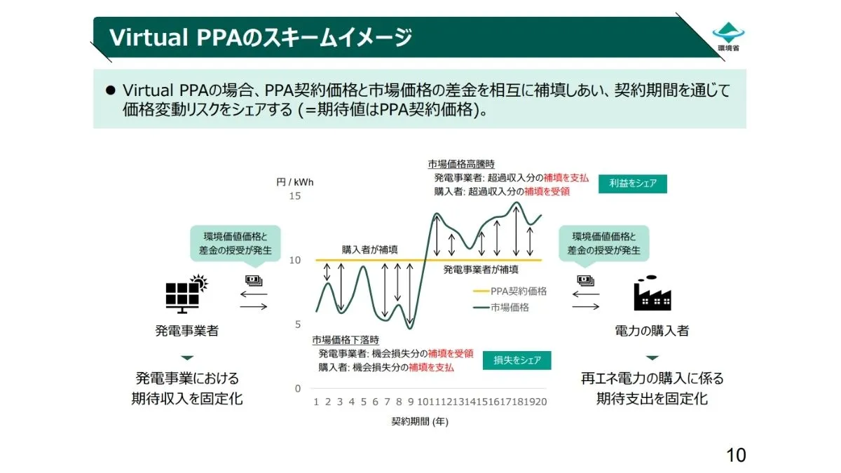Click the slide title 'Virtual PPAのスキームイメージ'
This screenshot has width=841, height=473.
259,37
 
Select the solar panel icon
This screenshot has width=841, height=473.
186,292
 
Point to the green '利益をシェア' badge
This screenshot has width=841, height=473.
632,184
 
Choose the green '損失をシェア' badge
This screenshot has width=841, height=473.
517,360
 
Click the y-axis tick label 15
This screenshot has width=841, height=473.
295,196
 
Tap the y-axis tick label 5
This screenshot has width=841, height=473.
297,324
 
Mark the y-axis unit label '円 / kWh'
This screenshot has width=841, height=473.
294,182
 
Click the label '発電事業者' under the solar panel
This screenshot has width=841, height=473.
186,330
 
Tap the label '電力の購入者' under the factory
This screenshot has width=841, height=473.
652,330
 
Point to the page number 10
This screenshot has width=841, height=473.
735,455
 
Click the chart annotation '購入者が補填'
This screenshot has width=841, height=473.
370,249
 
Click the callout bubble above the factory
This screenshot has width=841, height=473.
603,243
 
